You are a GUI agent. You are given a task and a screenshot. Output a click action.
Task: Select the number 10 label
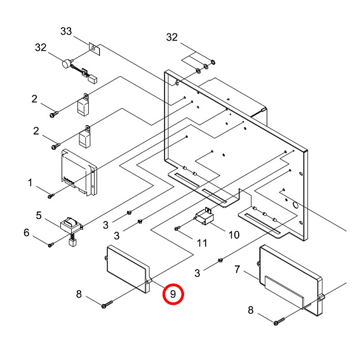tap(234, 234)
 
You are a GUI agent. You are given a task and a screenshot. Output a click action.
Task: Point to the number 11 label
tap(202, 243)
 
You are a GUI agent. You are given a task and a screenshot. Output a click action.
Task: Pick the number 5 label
tap(39, 216)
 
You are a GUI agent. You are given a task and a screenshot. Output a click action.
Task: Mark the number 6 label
tap(27, 233)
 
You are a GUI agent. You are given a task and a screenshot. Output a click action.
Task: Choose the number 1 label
tap(30, 183)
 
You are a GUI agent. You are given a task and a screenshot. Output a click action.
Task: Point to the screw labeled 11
tap(178, 228)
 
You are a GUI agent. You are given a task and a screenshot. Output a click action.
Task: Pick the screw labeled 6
tap(51, 244)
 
